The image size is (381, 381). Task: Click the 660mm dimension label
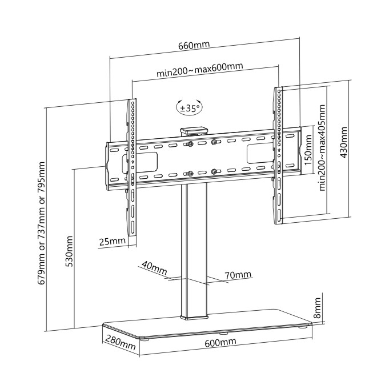[194, 45]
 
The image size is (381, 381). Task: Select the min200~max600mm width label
[199, 70]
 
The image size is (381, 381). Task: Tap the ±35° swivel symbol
[189, 107]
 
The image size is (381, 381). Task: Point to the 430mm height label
[343, 142]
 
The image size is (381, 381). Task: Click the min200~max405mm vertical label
[322, 147]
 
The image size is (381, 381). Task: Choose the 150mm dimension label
[308, 150]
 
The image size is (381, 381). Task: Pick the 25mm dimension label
[113, 241]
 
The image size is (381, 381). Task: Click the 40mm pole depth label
[155, 267]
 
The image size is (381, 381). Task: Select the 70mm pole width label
[238, 275]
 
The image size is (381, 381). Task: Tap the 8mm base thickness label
[318, 308]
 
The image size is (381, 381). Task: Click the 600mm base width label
[220, 343]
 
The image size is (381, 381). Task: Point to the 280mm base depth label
[120, 343]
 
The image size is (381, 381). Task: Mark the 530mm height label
[70, 251]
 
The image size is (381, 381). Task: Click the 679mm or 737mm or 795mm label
[42, 223]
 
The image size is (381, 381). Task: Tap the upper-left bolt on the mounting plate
[190, 145]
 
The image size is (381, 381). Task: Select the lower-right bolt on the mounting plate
[214, 171]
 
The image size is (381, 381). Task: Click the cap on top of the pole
[194, 131]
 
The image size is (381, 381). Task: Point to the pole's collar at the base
[194, 316]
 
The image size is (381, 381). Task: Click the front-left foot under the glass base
[146, 339]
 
